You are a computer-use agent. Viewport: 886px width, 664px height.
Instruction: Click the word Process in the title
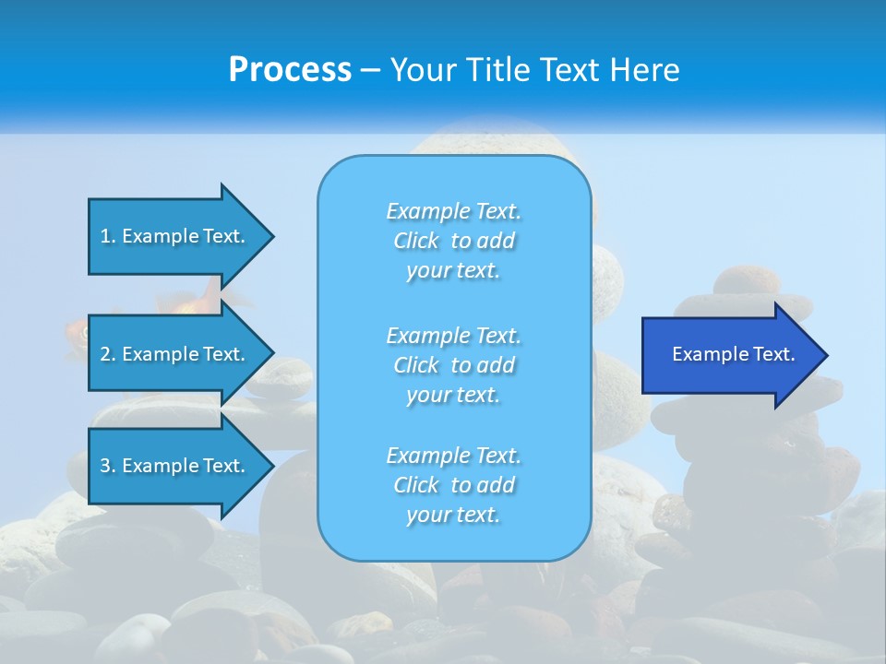[290, 70]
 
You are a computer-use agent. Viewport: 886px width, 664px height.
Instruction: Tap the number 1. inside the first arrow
[108, 236]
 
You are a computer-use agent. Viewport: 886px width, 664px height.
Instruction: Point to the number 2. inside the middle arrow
[108, 354]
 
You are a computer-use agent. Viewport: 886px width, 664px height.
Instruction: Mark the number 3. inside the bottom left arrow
[108, 466]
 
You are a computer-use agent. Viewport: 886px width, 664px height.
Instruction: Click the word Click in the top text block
[416, 241]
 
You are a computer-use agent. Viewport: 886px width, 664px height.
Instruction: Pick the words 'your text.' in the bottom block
[453, 515]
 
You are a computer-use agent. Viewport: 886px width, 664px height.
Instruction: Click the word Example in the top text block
[426, 211]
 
